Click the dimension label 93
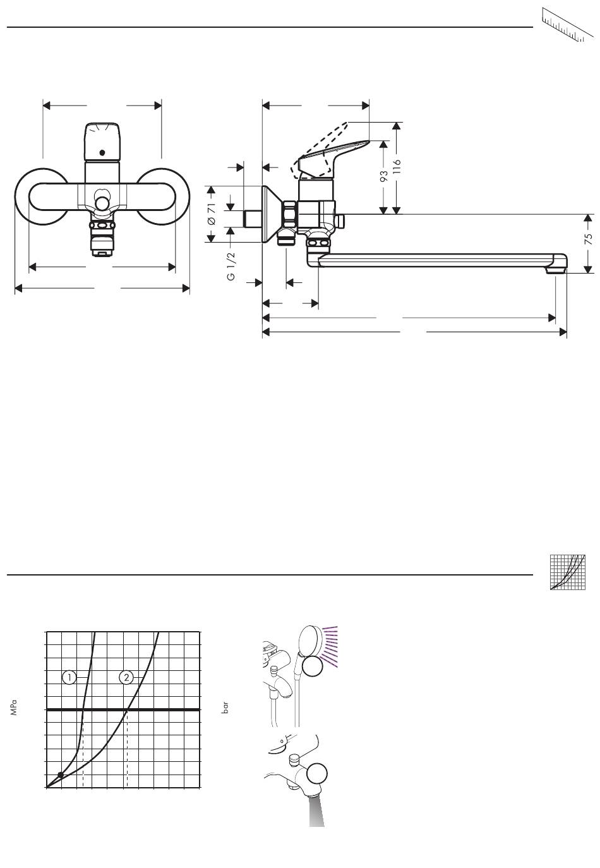pyautogui.click(x=383, y=176)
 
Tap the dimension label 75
pyautogui.click(x=589, y=239)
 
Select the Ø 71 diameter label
pyautogui.click(x=212, y=214)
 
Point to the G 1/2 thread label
pyautogui.click(x=231, y=266)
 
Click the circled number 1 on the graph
pyautogui.click(x=69, y=678)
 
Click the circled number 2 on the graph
pyautogui.click(x=126, y=678)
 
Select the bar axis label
pyautogui.click(x=225, y=707)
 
